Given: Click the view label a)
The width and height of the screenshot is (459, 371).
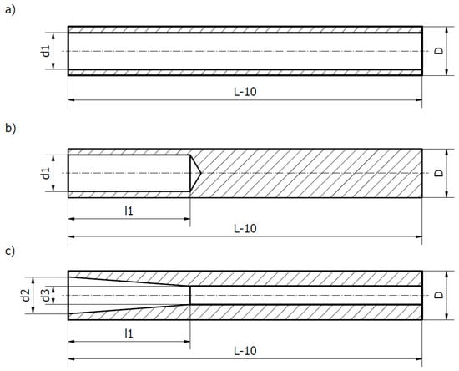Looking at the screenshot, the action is tap(10, 10).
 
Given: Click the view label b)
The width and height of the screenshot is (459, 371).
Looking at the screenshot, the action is tap(10, 129).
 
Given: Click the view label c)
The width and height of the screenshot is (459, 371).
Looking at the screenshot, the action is tap(10, 252).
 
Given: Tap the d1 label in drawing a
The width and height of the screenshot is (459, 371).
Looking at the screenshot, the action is tap(46, 51).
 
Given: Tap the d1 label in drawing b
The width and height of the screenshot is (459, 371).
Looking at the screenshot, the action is tap(46, 173).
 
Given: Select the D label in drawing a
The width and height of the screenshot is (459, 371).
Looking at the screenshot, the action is tap(438, 51).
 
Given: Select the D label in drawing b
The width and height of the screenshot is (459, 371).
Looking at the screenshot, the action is tap(438, 173).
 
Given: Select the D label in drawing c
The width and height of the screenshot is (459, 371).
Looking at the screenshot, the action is tap(438, 295).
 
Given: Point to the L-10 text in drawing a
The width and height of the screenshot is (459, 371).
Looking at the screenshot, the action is tap(245, 92).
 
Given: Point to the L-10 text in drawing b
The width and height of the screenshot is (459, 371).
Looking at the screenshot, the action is tap(245, 229).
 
